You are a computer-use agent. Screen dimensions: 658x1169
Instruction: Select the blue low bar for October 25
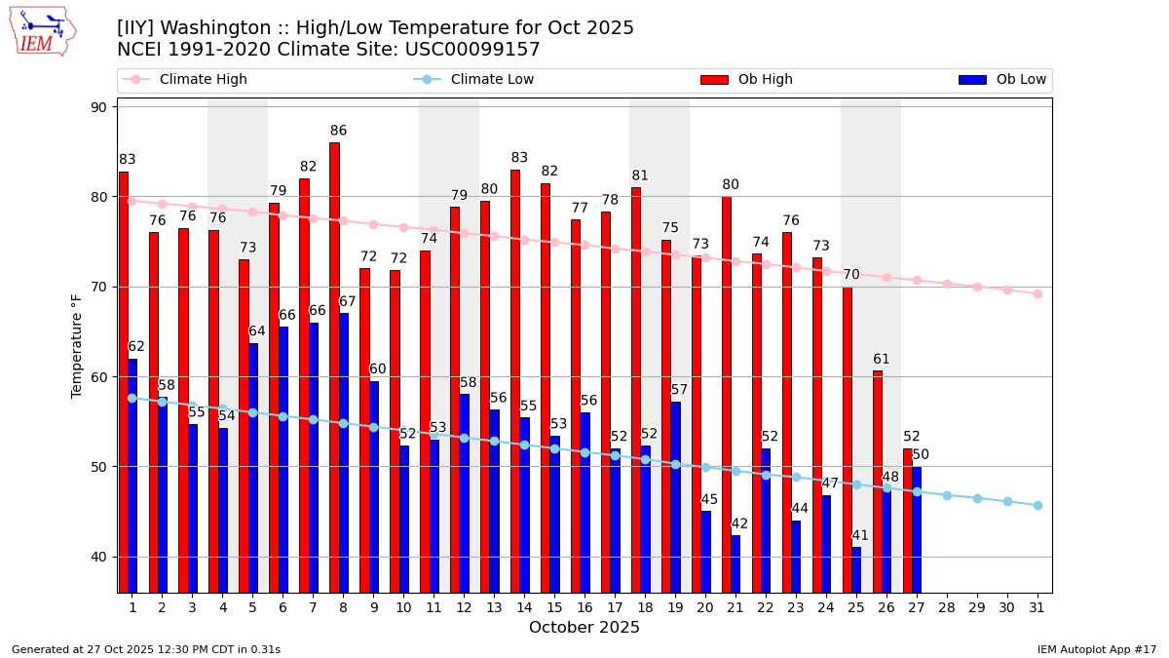856,569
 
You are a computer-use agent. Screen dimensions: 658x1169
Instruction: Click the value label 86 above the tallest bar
338,131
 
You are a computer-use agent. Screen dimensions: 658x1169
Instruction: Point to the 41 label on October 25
860,535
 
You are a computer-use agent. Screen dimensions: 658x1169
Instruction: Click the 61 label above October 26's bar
882,359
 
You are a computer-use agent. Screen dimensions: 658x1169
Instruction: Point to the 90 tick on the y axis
98,107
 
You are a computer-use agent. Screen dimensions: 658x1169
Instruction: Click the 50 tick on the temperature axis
98,467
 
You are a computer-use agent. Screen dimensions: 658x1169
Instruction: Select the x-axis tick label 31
1037,607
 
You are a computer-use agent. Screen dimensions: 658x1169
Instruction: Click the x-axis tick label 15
554,607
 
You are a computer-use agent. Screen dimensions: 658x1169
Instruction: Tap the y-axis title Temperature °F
77,345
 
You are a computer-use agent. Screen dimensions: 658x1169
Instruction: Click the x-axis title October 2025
584,628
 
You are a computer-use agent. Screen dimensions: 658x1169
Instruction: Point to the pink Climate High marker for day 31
1037,293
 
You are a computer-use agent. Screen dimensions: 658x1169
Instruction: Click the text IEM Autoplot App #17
1097,649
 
